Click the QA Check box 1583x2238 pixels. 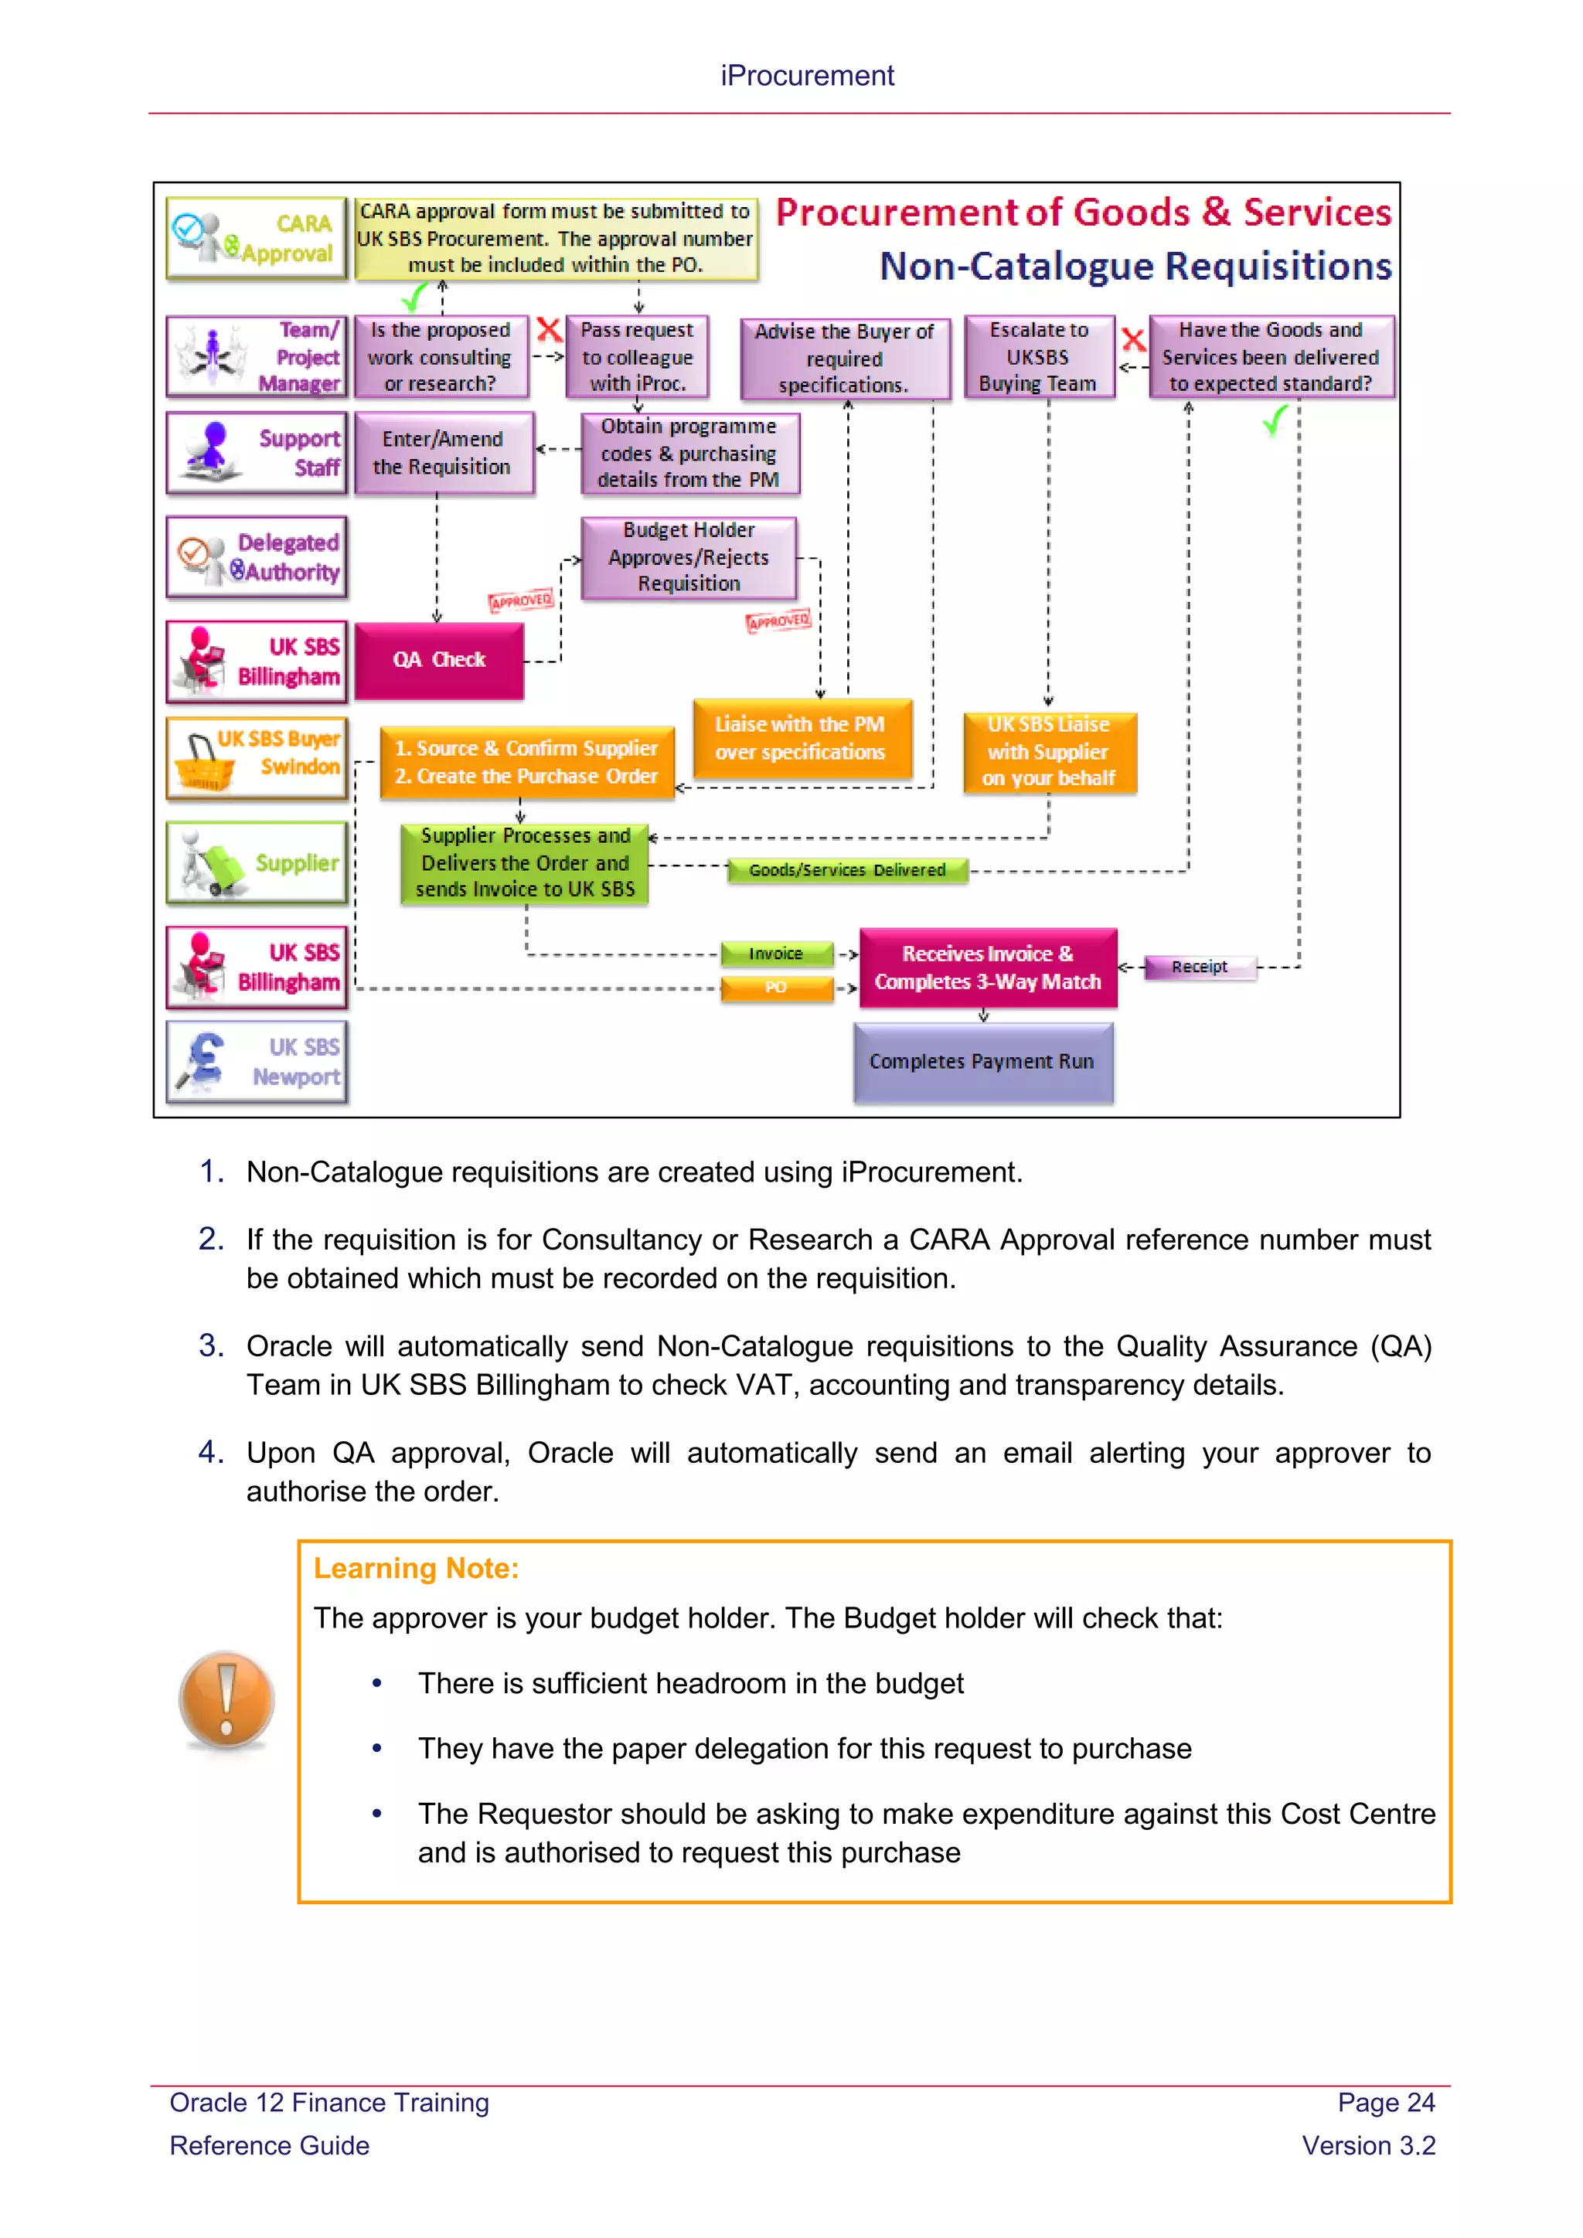click(438, 661)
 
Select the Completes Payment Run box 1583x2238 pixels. click(982, 1062)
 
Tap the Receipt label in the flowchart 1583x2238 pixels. click(1199, 967)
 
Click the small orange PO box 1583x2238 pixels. click(776, 988)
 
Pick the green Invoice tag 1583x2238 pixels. click(776, 954)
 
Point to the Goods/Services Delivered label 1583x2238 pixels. click(846, 869)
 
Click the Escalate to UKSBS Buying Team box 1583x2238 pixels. click(1038, 357)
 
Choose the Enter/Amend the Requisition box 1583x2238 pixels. click(443, 454)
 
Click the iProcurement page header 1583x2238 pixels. click(807, 76)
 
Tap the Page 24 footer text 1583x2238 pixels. click(1385, 2103)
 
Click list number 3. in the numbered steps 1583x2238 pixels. click(212, 1346)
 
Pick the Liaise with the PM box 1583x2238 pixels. click(800, 738)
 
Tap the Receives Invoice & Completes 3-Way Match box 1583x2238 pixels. click(987, 968)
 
